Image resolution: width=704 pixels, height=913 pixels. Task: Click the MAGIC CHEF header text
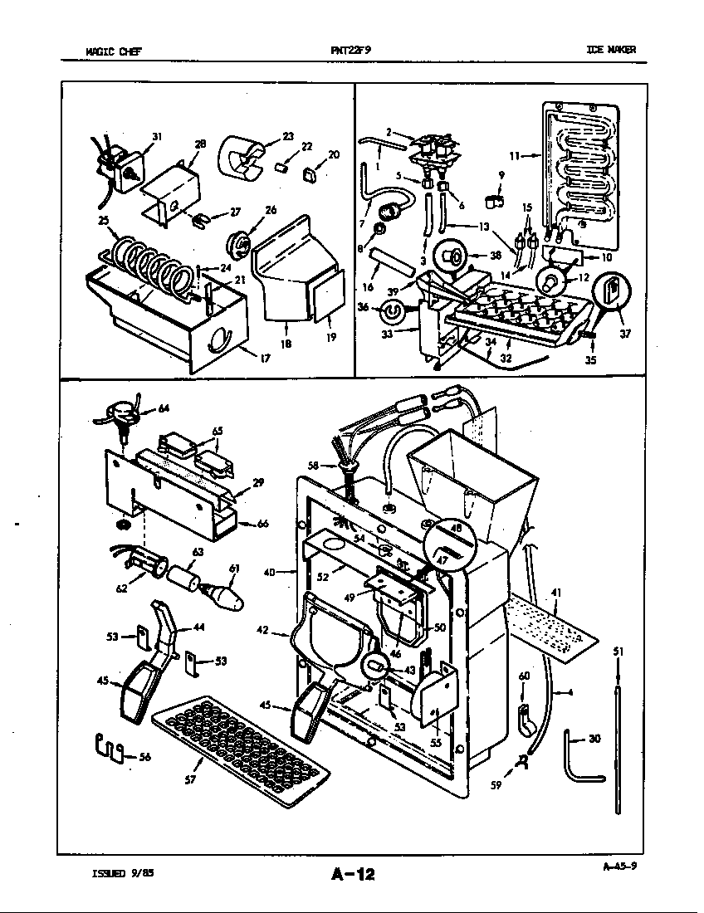[x=114, y=51]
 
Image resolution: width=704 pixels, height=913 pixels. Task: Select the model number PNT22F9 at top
[x=350, y=50]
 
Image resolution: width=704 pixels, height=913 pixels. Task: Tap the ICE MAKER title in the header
[x=611, y=50]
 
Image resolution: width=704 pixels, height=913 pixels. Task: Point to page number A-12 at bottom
[x=353, y=873]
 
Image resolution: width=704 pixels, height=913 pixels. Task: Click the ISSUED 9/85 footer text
[x=120, y=872]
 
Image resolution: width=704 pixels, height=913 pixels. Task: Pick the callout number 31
[x=156, y=136]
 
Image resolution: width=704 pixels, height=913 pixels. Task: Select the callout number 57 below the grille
[x=189, y=779]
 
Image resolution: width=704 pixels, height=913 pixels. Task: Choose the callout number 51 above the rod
[x=617, y=652]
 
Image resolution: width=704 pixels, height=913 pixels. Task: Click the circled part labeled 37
[x=612, y=293]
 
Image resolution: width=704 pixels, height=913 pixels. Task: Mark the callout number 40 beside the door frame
[x=269, y=571]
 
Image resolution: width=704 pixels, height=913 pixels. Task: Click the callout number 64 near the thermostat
[x=163, y=408]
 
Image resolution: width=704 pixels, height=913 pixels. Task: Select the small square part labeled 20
[x=311, y=174]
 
